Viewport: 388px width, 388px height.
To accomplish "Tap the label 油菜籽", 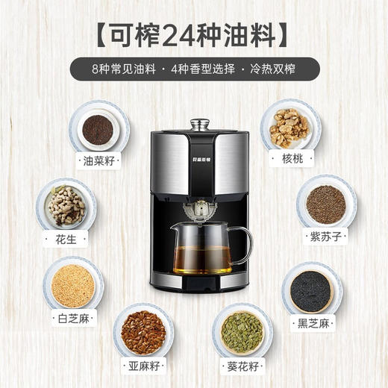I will [97, 160].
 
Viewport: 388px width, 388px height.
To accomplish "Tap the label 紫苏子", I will [327, 237].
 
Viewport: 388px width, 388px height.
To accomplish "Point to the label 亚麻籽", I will [143, 366].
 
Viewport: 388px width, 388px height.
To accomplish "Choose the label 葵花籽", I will [242, 366].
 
